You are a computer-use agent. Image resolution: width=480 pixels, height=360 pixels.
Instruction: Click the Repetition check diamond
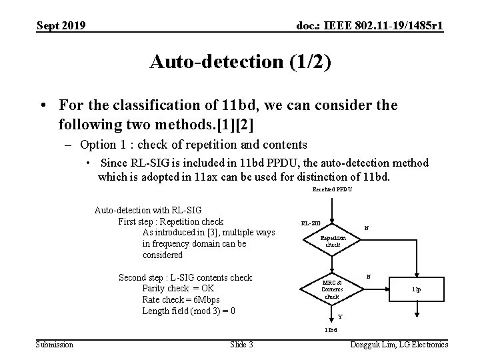click(333, 241)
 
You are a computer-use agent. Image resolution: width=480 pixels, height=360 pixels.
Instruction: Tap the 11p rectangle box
click(416, 289)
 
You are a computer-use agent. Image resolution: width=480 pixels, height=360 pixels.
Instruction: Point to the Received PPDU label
click(332, 189)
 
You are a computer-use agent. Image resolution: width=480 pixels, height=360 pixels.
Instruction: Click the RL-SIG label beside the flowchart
click(311, 223)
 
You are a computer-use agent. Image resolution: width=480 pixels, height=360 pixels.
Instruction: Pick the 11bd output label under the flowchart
click(331, 330)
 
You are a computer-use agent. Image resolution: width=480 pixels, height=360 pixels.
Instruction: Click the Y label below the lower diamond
click(340, 316)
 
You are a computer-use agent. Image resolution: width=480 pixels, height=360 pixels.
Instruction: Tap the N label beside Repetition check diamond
click(366, 228)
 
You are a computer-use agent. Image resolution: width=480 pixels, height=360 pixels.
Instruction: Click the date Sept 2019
click(61, 26)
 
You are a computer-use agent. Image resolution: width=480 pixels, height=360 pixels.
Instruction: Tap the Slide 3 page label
click(241, 344)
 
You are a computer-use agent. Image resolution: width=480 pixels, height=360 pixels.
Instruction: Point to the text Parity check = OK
click(178, 289)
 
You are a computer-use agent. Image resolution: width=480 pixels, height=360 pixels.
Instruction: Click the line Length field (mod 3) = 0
click(189, 311)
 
